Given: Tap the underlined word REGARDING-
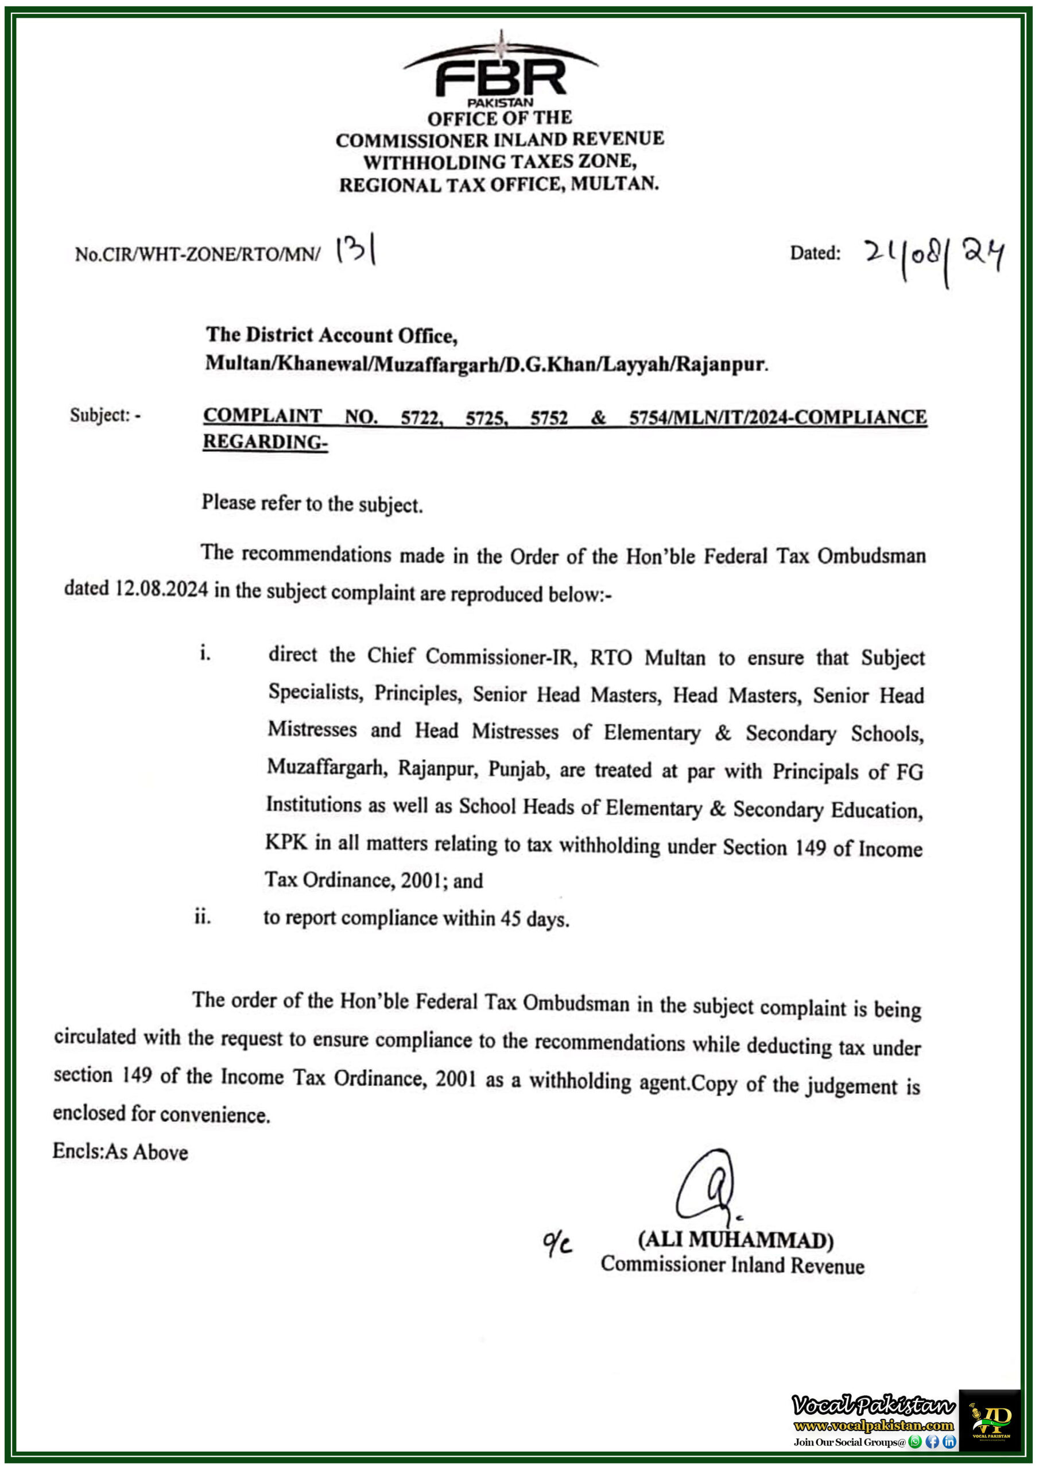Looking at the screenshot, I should pos(265,442).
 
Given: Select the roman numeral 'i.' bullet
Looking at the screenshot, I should pos(204,653).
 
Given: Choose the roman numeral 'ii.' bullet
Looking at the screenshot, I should pos(201,917).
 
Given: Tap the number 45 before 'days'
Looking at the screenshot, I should pos(510,919).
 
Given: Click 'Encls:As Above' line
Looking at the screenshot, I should pos(121,1152).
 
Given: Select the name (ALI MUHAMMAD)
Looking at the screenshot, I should pos(735,1240).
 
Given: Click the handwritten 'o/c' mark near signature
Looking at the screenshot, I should pos(556,1243).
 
